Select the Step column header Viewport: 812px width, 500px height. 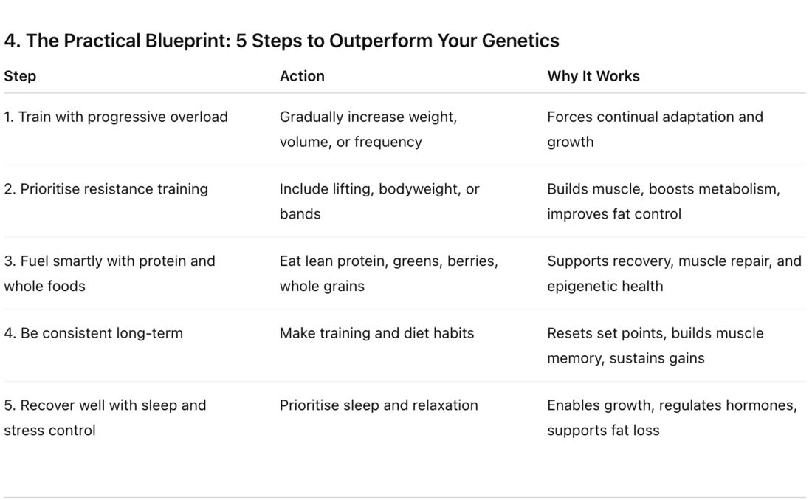[20, 76]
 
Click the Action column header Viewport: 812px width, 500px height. [302, 75]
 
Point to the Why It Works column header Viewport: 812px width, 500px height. [593, 76]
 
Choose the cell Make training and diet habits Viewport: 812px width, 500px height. [377, 332]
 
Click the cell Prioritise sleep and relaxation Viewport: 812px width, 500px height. [379, 405]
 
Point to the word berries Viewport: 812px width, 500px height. [472, 261]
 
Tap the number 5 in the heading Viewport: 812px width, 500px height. [241, 41]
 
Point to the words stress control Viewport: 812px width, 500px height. [49, 431]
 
